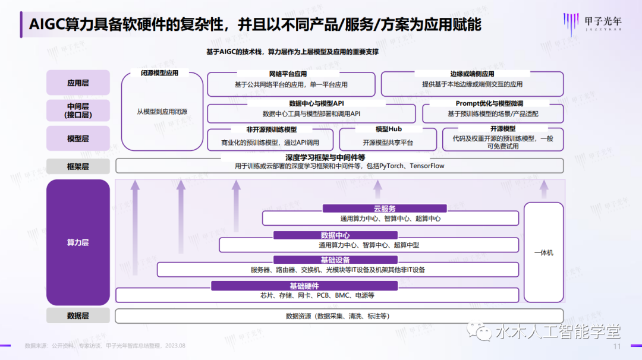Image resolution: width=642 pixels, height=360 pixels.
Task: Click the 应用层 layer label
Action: (x=78, y=83)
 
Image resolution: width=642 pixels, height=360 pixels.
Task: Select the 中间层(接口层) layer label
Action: (x=78, y=110)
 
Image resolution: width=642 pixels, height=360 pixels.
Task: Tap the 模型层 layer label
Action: (x=78, y=138)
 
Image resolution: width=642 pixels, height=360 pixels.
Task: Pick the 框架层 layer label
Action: (x=78, y=166)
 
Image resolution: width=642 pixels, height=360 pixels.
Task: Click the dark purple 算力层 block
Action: (x=78, y=242)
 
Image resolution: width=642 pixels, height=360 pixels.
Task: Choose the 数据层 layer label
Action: (x=78, y=316)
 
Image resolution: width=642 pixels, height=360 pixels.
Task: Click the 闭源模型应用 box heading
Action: (x=159, y=73)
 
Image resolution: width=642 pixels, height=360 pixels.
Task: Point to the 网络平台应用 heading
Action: (x=288, y=74)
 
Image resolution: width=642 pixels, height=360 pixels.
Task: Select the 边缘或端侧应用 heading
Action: (x=472, y=74)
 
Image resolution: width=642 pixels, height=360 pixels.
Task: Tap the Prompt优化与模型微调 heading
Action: (x=489, y=103)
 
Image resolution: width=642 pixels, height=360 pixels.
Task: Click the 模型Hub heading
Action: (x=389, y=130)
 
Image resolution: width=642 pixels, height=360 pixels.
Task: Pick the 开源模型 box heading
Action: (x=503, y=129)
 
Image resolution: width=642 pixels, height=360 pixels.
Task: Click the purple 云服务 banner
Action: (x=385, y=209)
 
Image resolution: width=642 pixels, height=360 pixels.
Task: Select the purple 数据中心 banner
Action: (x=335, y=235)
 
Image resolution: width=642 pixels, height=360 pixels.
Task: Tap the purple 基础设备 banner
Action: (x=335, y=260)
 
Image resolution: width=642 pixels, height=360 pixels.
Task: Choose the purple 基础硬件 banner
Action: (x=304, y=286)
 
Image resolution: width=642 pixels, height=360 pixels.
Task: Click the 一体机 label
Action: (x=544, y=253)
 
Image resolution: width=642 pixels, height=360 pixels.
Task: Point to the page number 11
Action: (x=617, y=346)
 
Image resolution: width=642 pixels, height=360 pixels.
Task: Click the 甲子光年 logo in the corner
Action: (x=593, y=23)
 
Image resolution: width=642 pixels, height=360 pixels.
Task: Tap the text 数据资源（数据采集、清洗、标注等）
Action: (x=338, y=316)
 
